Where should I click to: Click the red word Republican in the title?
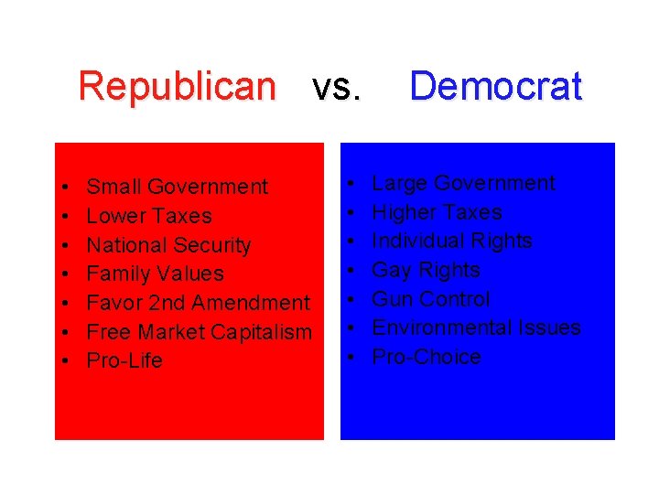177,87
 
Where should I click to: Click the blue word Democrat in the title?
495,87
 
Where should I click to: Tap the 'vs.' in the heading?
336,89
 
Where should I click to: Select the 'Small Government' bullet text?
177,188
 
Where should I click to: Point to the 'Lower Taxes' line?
148,217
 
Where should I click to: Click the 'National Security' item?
168,245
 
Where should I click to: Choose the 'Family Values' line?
155,274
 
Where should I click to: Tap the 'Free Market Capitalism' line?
199,332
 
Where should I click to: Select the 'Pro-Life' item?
124,360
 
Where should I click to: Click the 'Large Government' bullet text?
463,183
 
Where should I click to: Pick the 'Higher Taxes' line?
437,212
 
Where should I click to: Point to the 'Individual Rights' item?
451,241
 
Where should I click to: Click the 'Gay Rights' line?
426,270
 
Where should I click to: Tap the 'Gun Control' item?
430,299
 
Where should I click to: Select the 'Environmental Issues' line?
476,328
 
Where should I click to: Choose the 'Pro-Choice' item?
426,357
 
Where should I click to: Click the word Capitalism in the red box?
265,332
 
